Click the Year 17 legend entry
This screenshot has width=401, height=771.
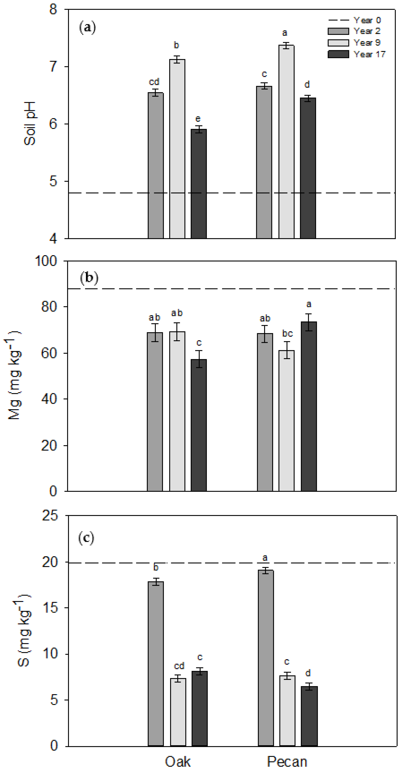tap(356, 54)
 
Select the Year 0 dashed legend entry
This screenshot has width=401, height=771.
tap(355, 20)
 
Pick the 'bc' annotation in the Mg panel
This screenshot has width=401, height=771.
tap(287, 333)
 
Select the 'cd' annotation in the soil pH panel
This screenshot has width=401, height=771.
tap(154, 82)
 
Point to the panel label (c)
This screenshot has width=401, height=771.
tap(86, 538)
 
